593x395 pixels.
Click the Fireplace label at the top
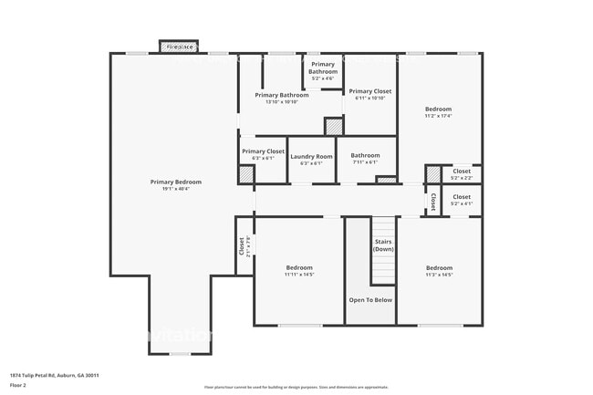click(x=179, y=46)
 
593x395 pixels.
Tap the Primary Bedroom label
click(x=176, y=182)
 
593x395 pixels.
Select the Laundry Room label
click(x=311, y=156)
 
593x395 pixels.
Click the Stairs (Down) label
click(x=383, y=245)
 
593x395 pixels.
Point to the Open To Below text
click(x=370, y=299)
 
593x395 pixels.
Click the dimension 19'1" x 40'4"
click(x=176, y=190)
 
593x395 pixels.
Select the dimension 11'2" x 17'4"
click(x=438, y=116)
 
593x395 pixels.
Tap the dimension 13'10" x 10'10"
click(x=281, y=102)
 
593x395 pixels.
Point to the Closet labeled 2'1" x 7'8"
click(x=242, y=246)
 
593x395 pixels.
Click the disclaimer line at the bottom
click(x=296, y=388)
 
